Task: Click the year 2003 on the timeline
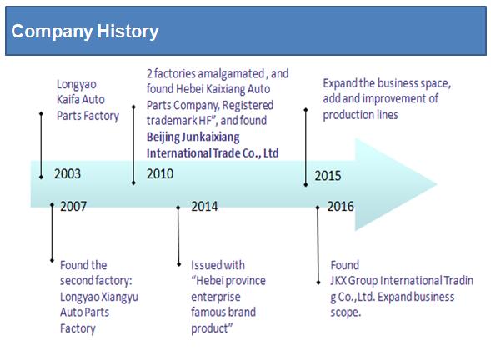coord(68,173)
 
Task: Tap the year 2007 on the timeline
coord(73,207)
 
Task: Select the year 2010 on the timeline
coord(160,173)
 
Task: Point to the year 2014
coord(204,207)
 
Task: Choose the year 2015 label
coord(328,176)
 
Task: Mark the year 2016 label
coord(341,207)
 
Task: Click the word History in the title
coord(128,32)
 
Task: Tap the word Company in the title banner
coord(52,32)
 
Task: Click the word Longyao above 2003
coord(77,85)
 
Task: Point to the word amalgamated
coord(231,74)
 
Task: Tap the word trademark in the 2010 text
coord(172,121)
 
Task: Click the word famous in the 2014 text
coord(207,312)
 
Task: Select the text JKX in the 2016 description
coord(338,281)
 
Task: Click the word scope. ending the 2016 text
coord(346,312)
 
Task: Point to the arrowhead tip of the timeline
coord(437,184)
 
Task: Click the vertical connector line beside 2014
coord(178,236)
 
